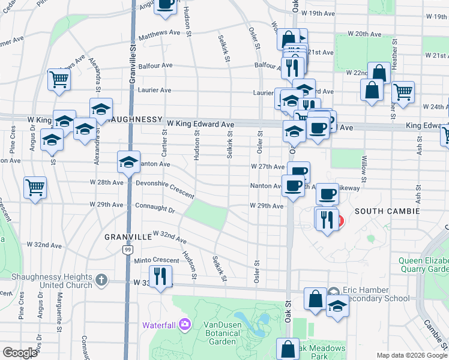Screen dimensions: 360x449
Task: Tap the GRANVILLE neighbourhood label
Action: click(128, 237)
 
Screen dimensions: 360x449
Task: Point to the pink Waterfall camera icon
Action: click(184, 325)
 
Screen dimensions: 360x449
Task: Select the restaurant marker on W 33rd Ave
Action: click(160, 276)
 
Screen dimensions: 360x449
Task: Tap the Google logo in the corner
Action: click(20, 353)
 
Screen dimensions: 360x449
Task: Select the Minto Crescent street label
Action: click(140, 260)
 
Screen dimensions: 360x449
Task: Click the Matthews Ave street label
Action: click(159, 36)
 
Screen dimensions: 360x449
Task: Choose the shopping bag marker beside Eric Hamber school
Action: click(316, 298)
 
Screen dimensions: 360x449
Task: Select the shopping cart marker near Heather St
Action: click(403, 92)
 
